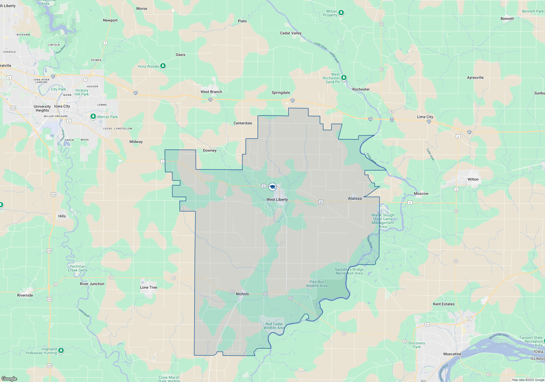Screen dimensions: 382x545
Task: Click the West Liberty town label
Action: (x=277, y=199)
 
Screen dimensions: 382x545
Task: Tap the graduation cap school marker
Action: (x=272, y=187)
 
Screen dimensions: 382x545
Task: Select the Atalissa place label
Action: (x=355, y=198)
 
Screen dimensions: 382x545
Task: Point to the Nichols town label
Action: (x=242, y=294)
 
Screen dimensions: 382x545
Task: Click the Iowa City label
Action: (x=62, y=106)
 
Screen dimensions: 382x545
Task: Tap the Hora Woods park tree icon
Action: (x=163, y=66)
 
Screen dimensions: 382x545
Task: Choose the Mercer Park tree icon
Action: (x=93, y=117)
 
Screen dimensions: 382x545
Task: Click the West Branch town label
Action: (x=211, y=92)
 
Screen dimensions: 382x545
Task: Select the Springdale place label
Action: (x=281, y=92)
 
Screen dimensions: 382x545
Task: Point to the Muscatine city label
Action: (x=452, y=354)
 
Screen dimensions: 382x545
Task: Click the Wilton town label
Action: (x=473, y=179)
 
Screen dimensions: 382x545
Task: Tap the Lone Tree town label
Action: (x=149, y=287)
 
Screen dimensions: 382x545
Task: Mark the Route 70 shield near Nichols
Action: (x=265, y=294)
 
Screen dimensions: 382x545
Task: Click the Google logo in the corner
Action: (x=9, y=378)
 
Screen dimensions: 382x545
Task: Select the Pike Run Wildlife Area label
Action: (x=317, y=284)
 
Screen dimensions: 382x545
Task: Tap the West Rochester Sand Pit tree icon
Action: (x=344, y=77)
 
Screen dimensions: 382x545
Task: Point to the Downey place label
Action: (x=210, y=150)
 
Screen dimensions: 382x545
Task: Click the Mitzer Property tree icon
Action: (x=341, y=13)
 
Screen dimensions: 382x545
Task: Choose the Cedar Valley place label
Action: (x=291, y=33)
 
